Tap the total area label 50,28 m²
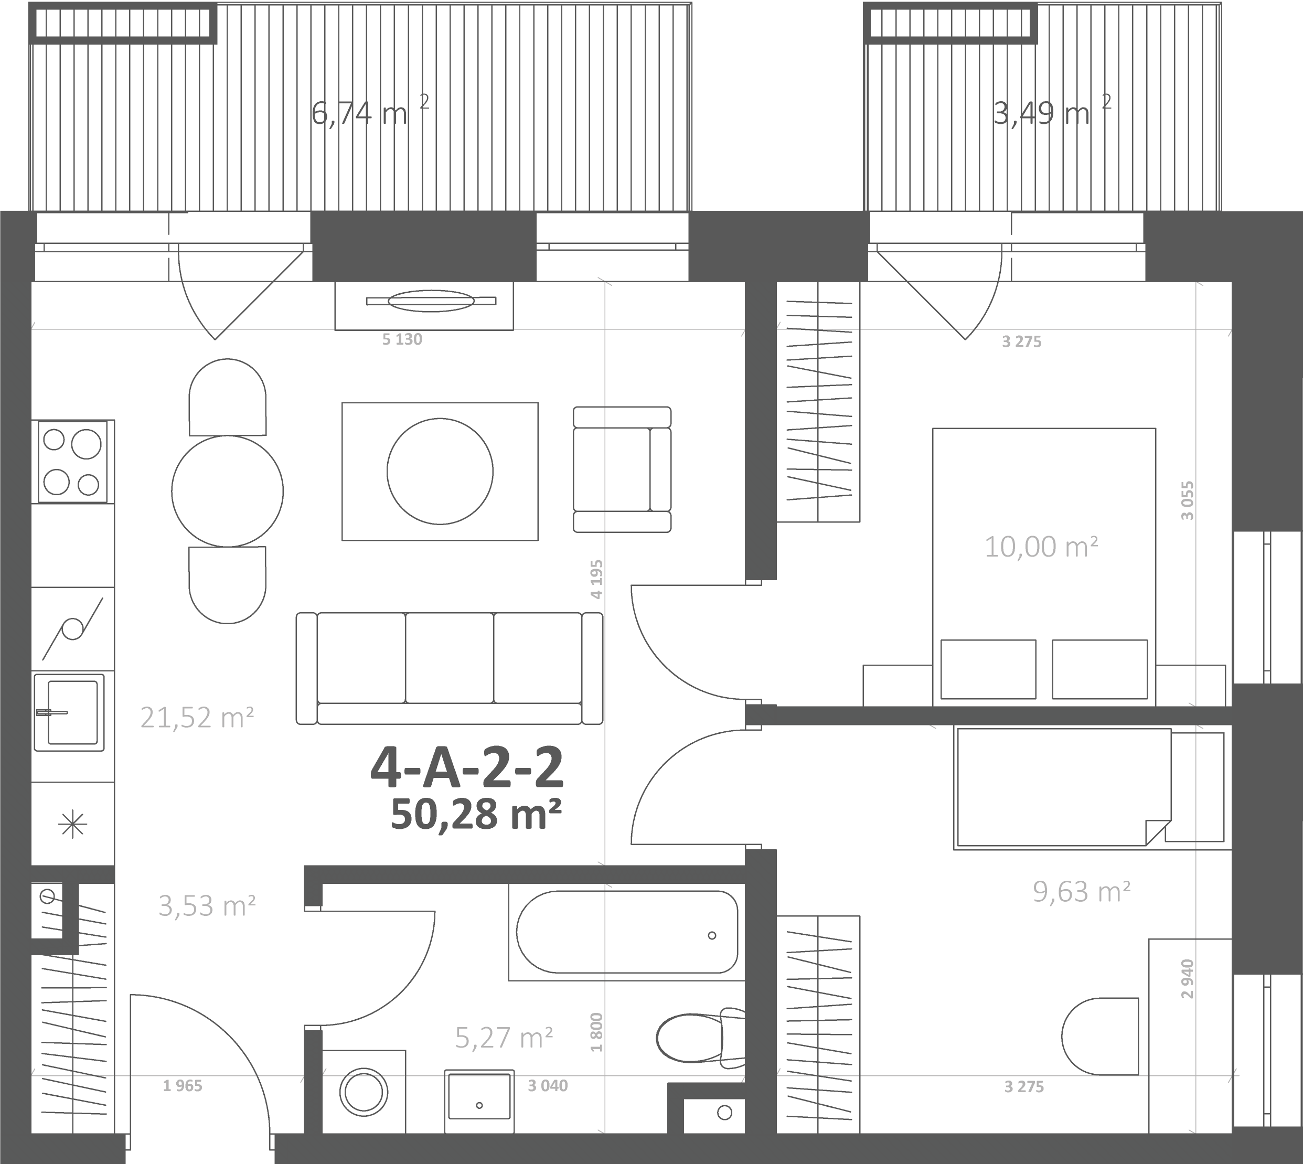click(x=476, y=814)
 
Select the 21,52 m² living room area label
click(x=197, y=718)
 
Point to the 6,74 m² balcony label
click(x=370, y=112)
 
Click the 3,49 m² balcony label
click(x=1052, y=112)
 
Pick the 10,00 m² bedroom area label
click(x=1041, y=547)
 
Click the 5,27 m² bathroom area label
click(x=504, y=1038)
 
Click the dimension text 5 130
click(x=402, y=339)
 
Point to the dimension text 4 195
click(x=597, y=580)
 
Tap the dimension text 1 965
click(x=183, y=1085)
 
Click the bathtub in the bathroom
click(x=627, y=932)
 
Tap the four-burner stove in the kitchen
click(x=73, y=461)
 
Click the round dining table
click(x=227, y=491)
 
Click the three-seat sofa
click(x=450, y=668)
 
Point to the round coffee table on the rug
click(x=440, y=472)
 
